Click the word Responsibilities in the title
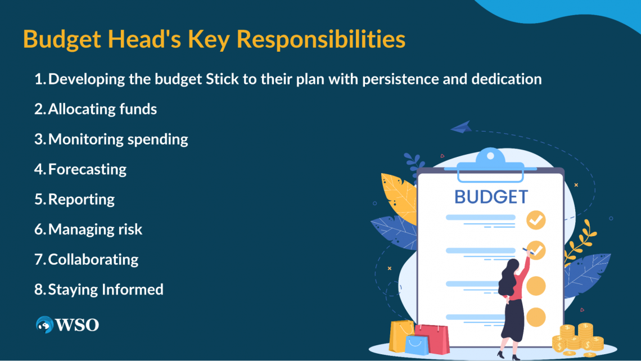pos(321,40)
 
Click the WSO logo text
pos(77,325)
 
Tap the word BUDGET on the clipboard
pos(491,197)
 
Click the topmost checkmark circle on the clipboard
pos(536,220)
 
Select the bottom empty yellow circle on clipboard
pos(536,317)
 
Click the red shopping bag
pos(432,339)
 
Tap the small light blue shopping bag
pos(417,345)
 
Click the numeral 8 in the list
pos(39,290)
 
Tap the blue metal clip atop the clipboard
pos(490,165)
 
